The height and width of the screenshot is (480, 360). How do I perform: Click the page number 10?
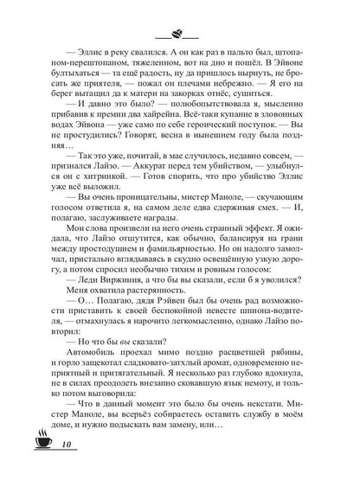coord(48,447)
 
